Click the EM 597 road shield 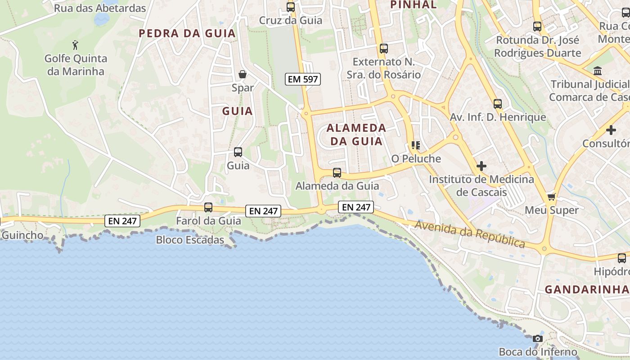303,79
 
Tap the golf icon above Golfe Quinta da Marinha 76,45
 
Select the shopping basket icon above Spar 243,74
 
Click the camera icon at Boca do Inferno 537,338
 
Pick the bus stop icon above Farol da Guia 208,207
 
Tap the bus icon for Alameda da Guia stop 337,172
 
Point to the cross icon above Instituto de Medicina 481,166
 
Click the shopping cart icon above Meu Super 551,197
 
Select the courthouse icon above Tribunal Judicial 598,71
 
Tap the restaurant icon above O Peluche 415,145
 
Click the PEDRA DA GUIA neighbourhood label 187,33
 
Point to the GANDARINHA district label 587,289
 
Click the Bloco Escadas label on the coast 190,240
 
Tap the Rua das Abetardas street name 100,8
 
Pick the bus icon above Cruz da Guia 291,7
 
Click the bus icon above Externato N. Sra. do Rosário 383,49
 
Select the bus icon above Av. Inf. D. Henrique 497,104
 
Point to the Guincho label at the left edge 22,235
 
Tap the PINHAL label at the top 413,5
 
